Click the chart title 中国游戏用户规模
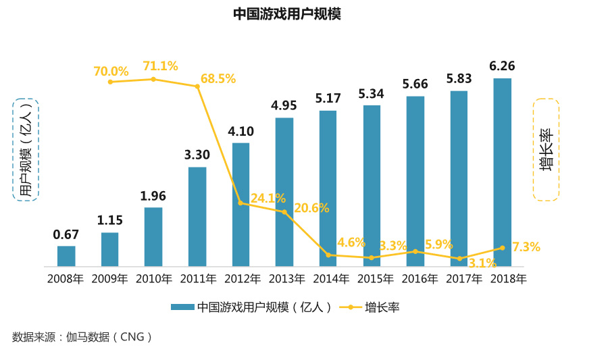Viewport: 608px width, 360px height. (x=287, y=14)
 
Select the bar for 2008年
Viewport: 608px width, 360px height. (x=66, y=256)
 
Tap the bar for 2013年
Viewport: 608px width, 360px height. (x=284, y=192)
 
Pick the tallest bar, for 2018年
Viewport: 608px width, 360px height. (x=502, y=172)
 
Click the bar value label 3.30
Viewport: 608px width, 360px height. (x=197, y=155)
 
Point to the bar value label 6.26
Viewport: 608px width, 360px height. (x=502, y=66)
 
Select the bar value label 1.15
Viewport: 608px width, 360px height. (x=109, y=220)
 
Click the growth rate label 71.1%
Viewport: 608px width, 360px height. (x=160, y=66)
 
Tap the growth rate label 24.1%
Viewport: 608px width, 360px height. (x=268, y=199)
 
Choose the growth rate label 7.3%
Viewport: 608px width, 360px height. (x=526, y=247)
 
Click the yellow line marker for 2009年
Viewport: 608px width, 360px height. (x=110, y=82)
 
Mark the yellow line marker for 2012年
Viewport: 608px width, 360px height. (x=240, y=203)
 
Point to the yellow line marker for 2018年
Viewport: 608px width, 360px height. (x=502, y=248)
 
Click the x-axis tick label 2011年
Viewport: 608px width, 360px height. (x=197, y=278)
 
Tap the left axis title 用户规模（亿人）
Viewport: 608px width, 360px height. (x=26, y=150)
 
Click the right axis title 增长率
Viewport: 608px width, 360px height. (x=546, y=150)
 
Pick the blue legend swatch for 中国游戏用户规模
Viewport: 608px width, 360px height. (x=182, y=307)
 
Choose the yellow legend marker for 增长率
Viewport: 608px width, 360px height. (x=350, y=307)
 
